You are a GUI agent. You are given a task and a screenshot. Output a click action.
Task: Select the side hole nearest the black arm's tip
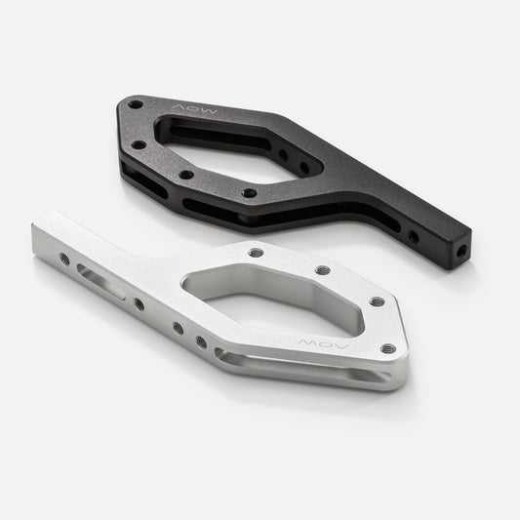(415, 236)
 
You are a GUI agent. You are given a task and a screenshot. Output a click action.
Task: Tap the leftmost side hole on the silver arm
(64, 259)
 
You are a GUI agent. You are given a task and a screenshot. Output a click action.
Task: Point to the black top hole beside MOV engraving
(136, 101)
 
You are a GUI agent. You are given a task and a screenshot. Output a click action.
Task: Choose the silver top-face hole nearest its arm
(257, 252)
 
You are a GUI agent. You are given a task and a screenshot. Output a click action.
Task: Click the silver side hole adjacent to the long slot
(201, 342)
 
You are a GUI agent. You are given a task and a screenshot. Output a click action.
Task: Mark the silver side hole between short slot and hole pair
(139, 304)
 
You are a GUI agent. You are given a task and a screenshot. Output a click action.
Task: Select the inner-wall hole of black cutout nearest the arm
(283, 153)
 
